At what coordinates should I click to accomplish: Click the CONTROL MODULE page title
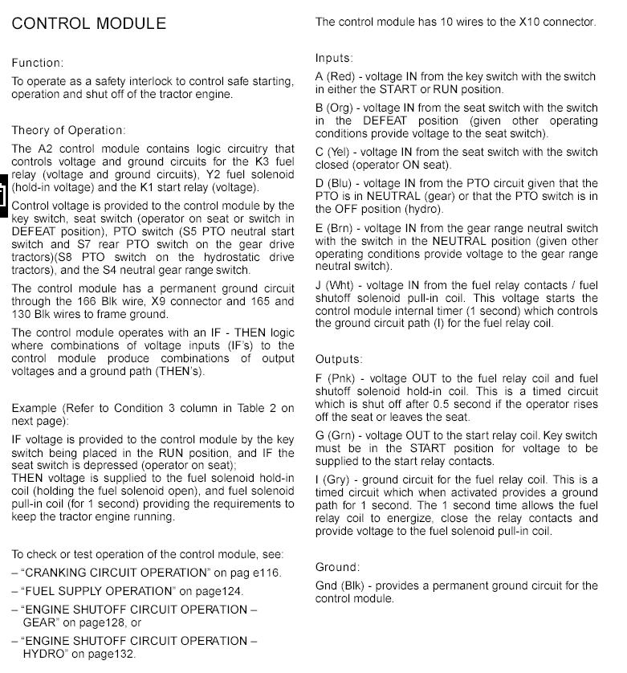89,23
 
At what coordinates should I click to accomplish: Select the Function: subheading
38,63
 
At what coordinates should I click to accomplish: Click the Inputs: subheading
334,58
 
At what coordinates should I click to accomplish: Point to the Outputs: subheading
339,359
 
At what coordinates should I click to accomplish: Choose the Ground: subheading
337,567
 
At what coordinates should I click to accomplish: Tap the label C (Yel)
334,153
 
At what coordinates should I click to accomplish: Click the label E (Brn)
335,229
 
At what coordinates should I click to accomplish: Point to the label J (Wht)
335,286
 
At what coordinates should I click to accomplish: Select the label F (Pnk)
335,379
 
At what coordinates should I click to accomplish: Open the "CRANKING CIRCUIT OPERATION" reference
114,573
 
